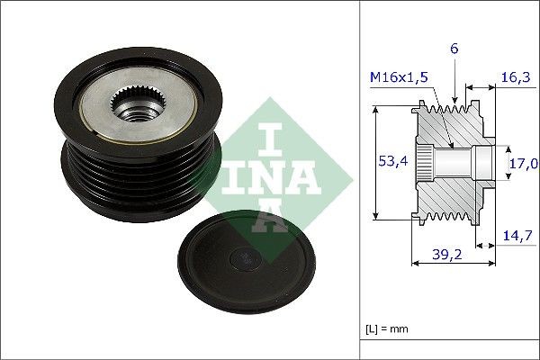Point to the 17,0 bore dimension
point(524,163)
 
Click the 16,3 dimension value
point(515,79)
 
